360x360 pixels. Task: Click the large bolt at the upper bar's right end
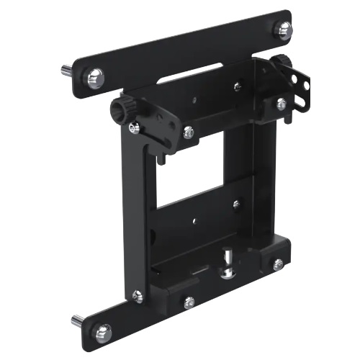[285, 30]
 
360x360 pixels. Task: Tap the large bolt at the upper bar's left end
[94, 77]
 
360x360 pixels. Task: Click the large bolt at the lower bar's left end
[103, 331]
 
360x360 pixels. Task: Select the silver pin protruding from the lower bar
[76, 319]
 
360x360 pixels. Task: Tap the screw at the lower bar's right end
[278, 264]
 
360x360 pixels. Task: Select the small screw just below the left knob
[134, 128]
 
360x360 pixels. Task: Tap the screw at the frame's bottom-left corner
[137, 295]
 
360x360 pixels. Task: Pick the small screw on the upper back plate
[237, 86]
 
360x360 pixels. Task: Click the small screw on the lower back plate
[236, 204]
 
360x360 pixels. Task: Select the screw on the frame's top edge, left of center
[188, 132]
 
